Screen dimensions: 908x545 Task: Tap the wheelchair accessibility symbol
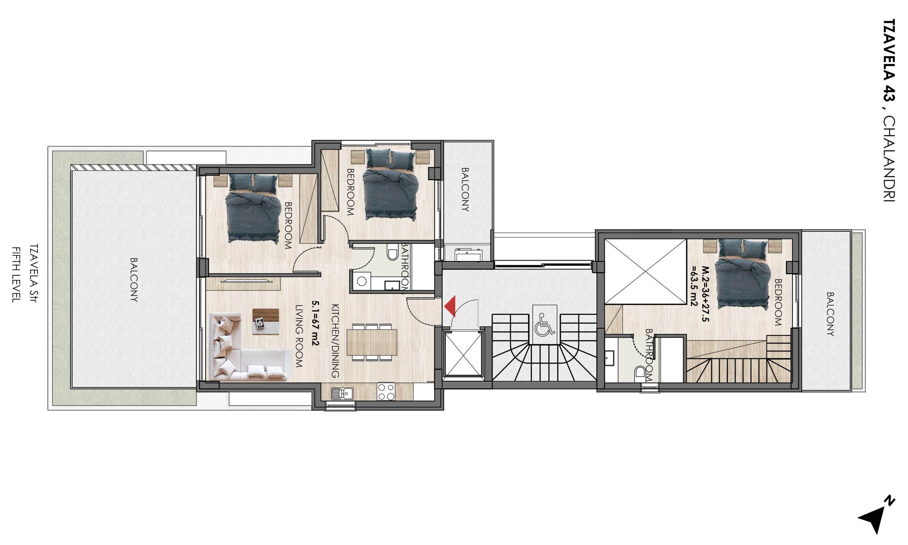coord(544,325)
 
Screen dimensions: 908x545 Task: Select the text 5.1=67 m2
coord(315,323)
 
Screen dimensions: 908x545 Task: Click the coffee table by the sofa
coord(266,321)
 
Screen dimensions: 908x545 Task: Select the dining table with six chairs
coord(372,342)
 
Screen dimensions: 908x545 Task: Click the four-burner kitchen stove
coord(386,391)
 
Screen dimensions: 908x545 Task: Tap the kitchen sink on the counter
coord(342,393)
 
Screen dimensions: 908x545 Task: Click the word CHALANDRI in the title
coord(889,159)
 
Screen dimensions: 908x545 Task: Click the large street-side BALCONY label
coord(134,279)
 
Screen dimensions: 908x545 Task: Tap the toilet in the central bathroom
coord(393,251)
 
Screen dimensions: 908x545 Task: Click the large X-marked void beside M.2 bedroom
coord(646,271)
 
